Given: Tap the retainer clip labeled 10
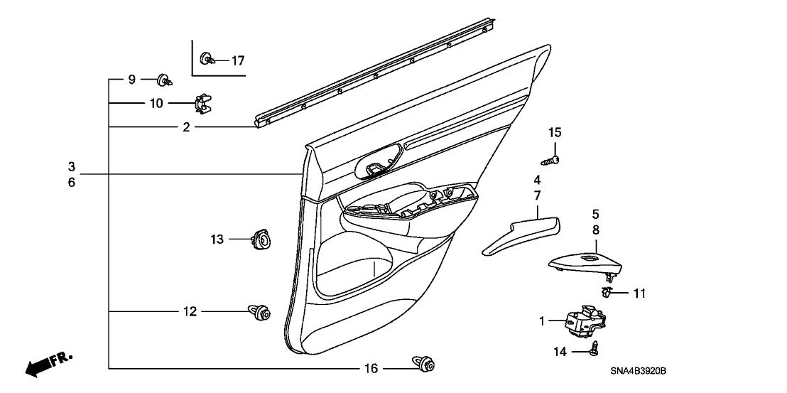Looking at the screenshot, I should (204, 104).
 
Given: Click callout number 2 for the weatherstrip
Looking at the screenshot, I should (186, 127).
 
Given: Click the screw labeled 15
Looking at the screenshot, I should (555, 158).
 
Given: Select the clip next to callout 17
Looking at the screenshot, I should (207, 58).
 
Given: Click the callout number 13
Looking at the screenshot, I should (217, 240).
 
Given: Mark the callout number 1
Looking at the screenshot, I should (542, 322).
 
